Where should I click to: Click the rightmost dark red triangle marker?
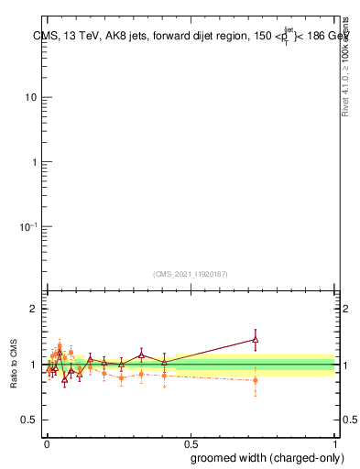pyautogui.click(x=256, y=340)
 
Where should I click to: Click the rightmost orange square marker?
pyautogui.click(x=256, y=379)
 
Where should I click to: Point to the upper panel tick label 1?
pyautogui.click(x=34, y=162)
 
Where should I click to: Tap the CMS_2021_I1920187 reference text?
pyautogui.click(x=191, y=273)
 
